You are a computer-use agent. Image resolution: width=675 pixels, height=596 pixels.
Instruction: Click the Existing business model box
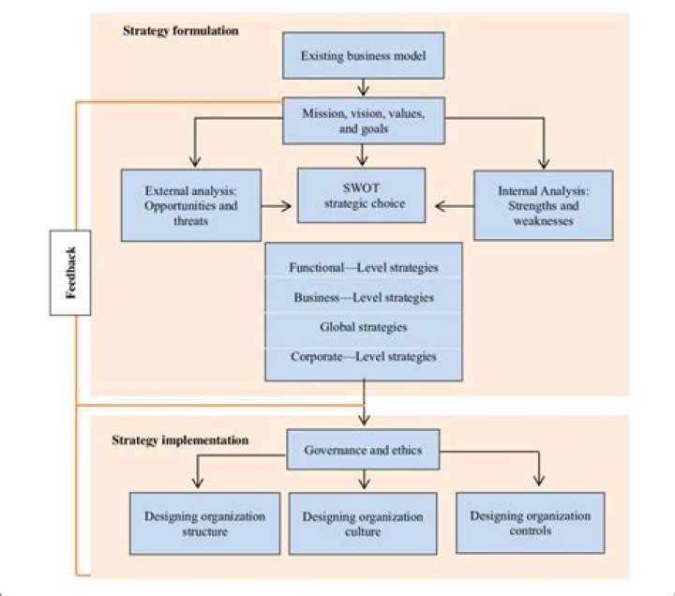pos(364,55)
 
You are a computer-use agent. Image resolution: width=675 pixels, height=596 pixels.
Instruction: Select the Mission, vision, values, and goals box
pos(364,121)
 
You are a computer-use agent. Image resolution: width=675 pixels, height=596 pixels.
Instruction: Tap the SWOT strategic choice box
pos(362,195)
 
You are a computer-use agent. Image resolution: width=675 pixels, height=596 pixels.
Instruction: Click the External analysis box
pos(191,205)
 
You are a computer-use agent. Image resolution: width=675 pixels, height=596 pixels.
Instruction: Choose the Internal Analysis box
pos(543,205)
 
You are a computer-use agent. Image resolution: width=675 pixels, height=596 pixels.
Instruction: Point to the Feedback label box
pos(70,273)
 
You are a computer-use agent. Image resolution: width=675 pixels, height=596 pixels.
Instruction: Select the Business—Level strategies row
pos(364,296)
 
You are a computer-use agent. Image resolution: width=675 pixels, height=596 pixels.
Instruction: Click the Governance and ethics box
pos(363,449)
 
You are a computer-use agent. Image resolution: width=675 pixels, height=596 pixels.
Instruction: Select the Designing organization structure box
pos(205,523)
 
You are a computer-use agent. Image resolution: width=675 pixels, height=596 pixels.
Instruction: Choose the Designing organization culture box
pos(363,523)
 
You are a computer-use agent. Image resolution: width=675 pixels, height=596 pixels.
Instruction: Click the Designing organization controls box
pos(531,522)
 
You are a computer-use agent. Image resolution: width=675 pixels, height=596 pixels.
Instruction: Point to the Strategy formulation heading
pos(181,31)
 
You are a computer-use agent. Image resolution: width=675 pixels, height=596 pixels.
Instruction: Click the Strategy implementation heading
pos(180,440)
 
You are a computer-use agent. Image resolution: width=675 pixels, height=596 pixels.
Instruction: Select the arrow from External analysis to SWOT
pos(276,206)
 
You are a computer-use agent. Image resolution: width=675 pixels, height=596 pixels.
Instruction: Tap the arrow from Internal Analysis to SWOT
pos(455,206)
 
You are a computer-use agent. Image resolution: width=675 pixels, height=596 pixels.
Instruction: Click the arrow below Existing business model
pos(364,87)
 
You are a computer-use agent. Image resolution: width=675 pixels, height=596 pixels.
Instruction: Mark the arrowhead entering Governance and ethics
pos(364,420)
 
